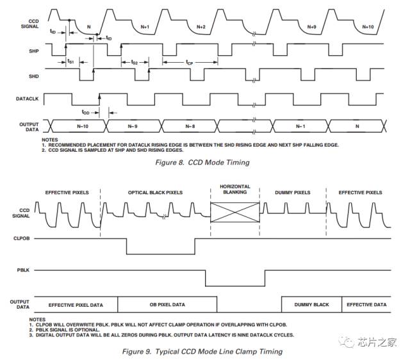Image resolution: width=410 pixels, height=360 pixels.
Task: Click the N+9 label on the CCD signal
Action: click(311, 27)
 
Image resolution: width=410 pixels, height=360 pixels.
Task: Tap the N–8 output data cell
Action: click(190, 126)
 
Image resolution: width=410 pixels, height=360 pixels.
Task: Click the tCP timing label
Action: click(190, 62)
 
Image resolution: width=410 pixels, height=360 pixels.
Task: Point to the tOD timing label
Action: click(85, 112)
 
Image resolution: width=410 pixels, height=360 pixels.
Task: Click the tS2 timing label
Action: click(135, 62)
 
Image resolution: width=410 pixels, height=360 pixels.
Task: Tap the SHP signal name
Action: click(34, 51)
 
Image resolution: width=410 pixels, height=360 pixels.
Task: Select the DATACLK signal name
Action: click(27, 99)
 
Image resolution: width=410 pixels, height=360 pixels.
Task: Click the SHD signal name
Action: click(34, 76)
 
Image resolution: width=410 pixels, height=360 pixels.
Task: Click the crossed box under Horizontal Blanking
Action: click(235, 212)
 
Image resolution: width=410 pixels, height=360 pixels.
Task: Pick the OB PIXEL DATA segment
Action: click(167, 304)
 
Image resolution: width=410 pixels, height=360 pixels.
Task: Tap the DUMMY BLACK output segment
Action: click(312, 304)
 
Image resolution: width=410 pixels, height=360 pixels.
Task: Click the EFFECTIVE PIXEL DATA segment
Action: click(76, 305)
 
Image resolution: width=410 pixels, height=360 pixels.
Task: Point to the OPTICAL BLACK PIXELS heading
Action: click(155, 193)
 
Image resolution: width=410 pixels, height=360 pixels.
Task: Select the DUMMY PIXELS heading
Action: click(293, 193)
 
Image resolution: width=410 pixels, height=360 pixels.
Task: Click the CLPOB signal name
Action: click(21, 238)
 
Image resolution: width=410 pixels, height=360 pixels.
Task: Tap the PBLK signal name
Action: click(23, 270)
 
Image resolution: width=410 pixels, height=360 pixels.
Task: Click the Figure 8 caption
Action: click(202, 162)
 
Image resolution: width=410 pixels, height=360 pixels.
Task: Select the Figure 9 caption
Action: click(202, 352)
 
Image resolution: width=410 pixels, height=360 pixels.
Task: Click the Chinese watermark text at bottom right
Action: click(377, 342)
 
